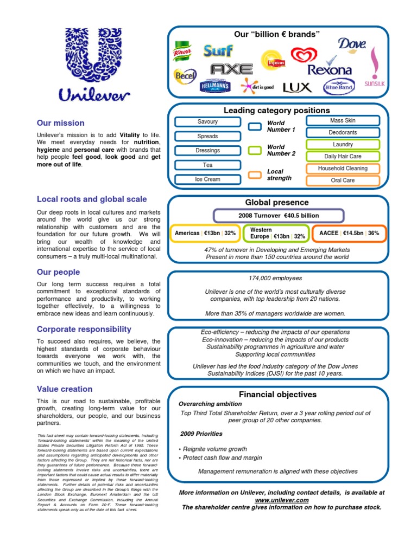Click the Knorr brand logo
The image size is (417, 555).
pyautogui.click(x=184, y=51)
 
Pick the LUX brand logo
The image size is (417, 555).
pyautogui.click(x=297, y=87)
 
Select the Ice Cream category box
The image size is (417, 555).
pyautogui.click(x=208, y=179)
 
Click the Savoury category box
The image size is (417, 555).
pyautogui.click(x=208, y=122)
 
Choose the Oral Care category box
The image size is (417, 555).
pyautogui.click(x=343, y=180)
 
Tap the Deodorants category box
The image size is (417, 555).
pyautogui.click(x=343, y=132)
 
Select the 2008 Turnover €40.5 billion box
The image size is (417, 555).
pyautogui.click(x=279, y=216)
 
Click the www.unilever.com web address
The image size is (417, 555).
pyautogui.click(x=282, y=500)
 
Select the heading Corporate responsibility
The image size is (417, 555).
pyautogui.click(x=84, y=329)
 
